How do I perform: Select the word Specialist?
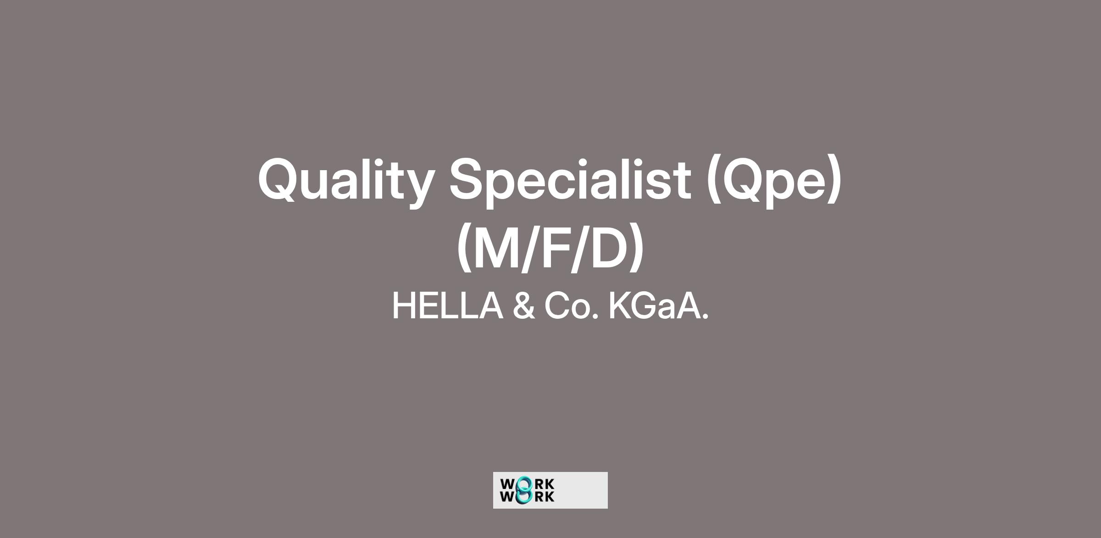click(x=570, y=182)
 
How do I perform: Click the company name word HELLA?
click(x=447, y=306)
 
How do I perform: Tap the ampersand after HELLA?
click(x=523, y=306)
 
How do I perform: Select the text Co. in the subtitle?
click(x=572, y=306)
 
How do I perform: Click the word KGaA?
click(x=658, y=306)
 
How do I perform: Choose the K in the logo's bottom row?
click(x=549, y=497)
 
